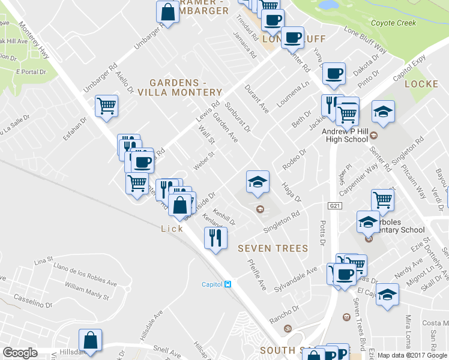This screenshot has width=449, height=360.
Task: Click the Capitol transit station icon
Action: pos(228,284)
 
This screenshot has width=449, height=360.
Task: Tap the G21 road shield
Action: pos(335,206)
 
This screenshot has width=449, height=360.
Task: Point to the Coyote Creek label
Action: pos(393,23)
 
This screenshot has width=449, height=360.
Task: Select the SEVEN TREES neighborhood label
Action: pos(273,248)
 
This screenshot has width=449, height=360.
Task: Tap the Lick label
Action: pos(172,229)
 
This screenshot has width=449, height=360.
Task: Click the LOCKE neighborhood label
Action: pos(421,84)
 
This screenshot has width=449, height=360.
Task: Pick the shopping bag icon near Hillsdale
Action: pos(90,340)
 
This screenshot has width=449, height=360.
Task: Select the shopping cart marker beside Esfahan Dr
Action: pos(106,107)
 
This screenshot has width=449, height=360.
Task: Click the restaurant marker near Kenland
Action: pos(215,238)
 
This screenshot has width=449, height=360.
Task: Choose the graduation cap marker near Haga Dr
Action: pos(258,182)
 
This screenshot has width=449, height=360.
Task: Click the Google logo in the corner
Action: pos(20,353)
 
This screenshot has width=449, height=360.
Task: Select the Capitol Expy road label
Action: pos(409,71)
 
